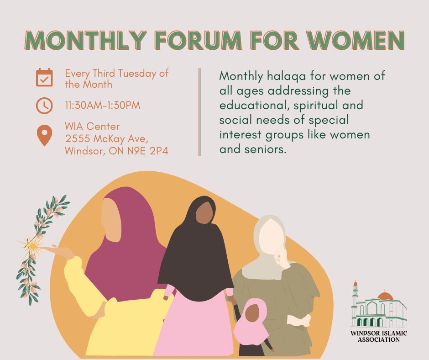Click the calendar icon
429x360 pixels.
pos(44,78)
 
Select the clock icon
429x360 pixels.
pos(44,106)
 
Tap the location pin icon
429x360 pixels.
pos(44,136)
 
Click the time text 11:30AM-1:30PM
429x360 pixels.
pos(102,106)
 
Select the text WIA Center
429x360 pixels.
pos(92,126)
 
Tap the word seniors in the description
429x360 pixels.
pos(265,149)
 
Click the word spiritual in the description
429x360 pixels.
pos(321,106)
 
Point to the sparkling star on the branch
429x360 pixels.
pos(32,246)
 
